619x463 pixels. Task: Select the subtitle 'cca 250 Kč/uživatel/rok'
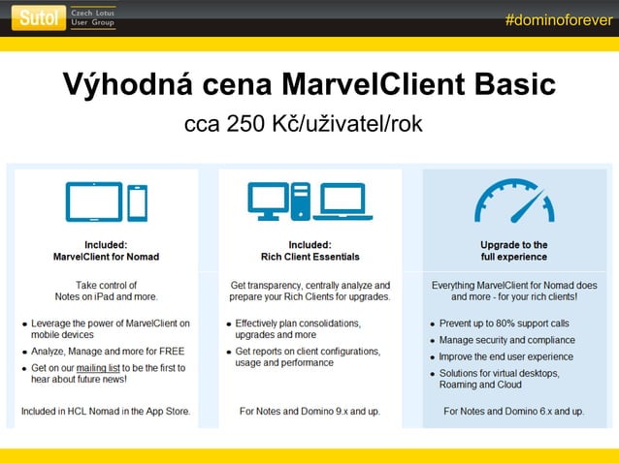pos(304,126)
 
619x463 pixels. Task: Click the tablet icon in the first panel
pos(93,201)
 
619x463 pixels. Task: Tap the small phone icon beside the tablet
pos(137,202)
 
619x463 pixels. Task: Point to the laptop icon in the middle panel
pos(345,202)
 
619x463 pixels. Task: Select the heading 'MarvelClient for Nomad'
pos(106,257)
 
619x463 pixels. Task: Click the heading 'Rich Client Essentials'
pos(309,257)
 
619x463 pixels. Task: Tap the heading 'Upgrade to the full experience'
pos(513,251)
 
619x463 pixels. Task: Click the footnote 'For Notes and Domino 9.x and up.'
pos(309,412)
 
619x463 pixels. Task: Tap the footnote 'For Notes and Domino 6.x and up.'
pos(513,412)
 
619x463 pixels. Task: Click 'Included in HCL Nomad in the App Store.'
pos(106,412)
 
